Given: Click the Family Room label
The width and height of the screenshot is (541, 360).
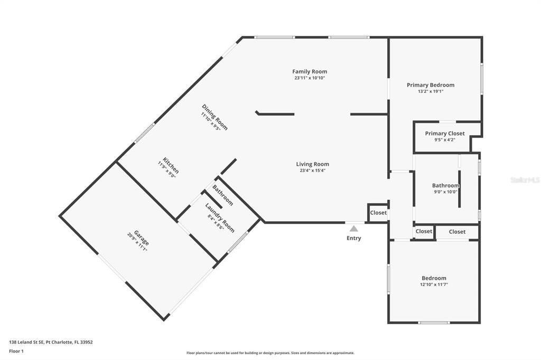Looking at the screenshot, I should click(x=310, y=71).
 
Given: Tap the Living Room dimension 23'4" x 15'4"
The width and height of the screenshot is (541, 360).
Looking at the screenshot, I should click(x=312, y=170).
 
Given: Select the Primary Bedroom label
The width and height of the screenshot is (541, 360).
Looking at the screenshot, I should click(x=430, y=84).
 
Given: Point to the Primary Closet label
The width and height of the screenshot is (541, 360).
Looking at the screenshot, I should click(x=445, y=134).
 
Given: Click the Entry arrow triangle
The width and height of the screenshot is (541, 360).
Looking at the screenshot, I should click(x=353, y=229).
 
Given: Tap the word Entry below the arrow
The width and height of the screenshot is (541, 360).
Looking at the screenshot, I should click(x=353, y=239).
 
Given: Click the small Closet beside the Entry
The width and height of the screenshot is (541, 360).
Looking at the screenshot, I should click(x=378, y=213).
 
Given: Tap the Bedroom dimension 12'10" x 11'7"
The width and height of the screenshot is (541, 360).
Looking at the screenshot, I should click(x=434, y=285).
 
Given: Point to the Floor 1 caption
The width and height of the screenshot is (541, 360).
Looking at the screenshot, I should click(x=17, y=350).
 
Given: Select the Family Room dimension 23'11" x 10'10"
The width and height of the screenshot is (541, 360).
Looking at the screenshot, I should click(x=310, y=78).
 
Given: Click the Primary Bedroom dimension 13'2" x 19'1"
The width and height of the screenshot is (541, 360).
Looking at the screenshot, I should click(x=430, y=91).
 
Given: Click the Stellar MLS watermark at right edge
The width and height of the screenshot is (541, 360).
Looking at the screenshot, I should click(x=525, y=180).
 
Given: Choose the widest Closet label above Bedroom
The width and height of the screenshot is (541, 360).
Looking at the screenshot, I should click(x=457, y=232).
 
